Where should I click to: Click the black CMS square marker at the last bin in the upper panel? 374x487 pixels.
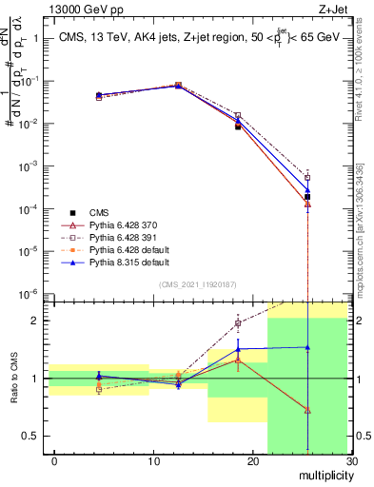coord(307,197)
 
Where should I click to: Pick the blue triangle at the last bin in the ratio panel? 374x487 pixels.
coord(307,348)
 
